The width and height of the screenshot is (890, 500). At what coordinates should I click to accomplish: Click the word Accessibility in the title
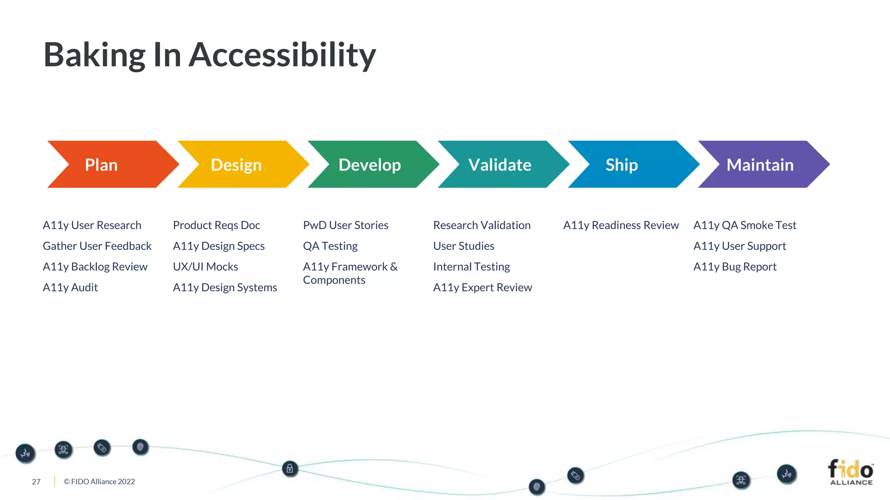[x=282, y=56]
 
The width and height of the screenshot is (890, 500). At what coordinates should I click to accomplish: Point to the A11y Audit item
[x=70, y=287]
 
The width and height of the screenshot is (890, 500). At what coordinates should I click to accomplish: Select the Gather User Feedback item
[x=97, y=246]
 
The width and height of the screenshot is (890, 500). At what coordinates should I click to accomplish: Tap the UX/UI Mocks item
[x=205, y=266]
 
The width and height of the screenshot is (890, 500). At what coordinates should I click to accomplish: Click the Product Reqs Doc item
[x=216, y=225]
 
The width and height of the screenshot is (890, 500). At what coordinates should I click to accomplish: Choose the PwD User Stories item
[x=345, y=225]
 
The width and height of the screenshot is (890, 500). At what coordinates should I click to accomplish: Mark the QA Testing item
[x=330, y=246]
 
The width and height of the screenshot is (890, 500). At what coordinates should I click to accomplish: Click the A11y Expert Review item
[x=482, y=287]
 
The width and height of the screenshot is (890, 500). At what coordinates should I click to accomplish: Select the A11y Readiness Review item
[x=621, y=225]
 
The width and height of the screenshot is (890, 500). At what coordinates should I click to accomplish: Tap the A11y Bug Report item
[x=734, y=266]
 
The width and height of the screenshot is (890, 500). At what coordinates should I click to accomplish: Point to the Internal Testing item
[x=472, y=266]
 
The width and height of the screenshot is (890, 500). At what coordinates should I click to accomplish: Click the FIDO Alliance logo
[x=850, y=472]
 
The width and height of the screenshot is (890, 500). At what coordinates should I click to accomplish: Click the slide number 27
[x=36, y=482]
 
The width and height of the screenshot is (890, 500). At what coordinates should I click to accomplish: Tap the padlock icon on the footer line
[x=290, y=469]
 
